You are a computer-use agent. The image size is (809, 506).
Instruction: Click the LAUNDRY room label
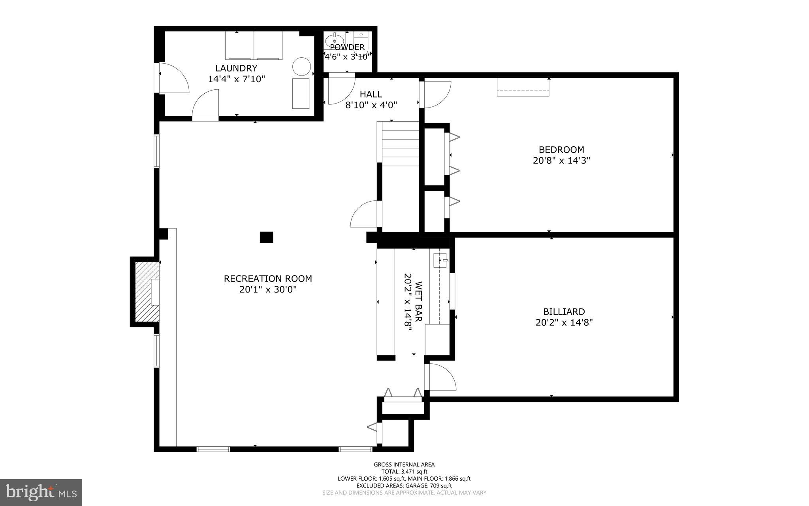(x=236, y=68)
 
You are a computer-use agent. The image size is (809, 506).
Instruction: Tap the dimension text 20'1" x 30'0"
(x=268, y=290)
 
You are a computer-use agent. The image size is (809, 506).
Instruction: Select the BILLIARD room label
(x=564, y=312)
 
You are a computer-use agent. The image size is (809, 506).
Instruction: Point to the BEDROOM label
(x=561, y=150)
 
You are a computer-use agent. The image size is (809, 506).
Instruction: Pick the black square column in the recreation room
(x=266, y=237)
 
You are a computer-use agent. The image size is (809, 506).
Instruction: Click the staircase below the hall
(x=400, y=144)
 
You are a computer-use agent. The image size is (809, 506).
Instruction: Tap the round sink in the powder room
(x=335, y=40)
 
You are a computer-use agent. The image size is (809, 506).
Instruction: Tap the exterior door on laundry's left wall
(x=174, y=78)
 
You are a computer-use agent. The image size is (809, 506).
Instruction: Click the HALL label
(x=371, y=94)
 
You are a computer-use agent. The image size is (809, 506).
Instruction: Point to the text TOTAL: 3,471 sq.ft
(x=404, y=472)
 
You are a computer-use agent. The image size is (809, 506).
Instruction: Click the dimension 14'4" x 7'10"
(x=236, y=79)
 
